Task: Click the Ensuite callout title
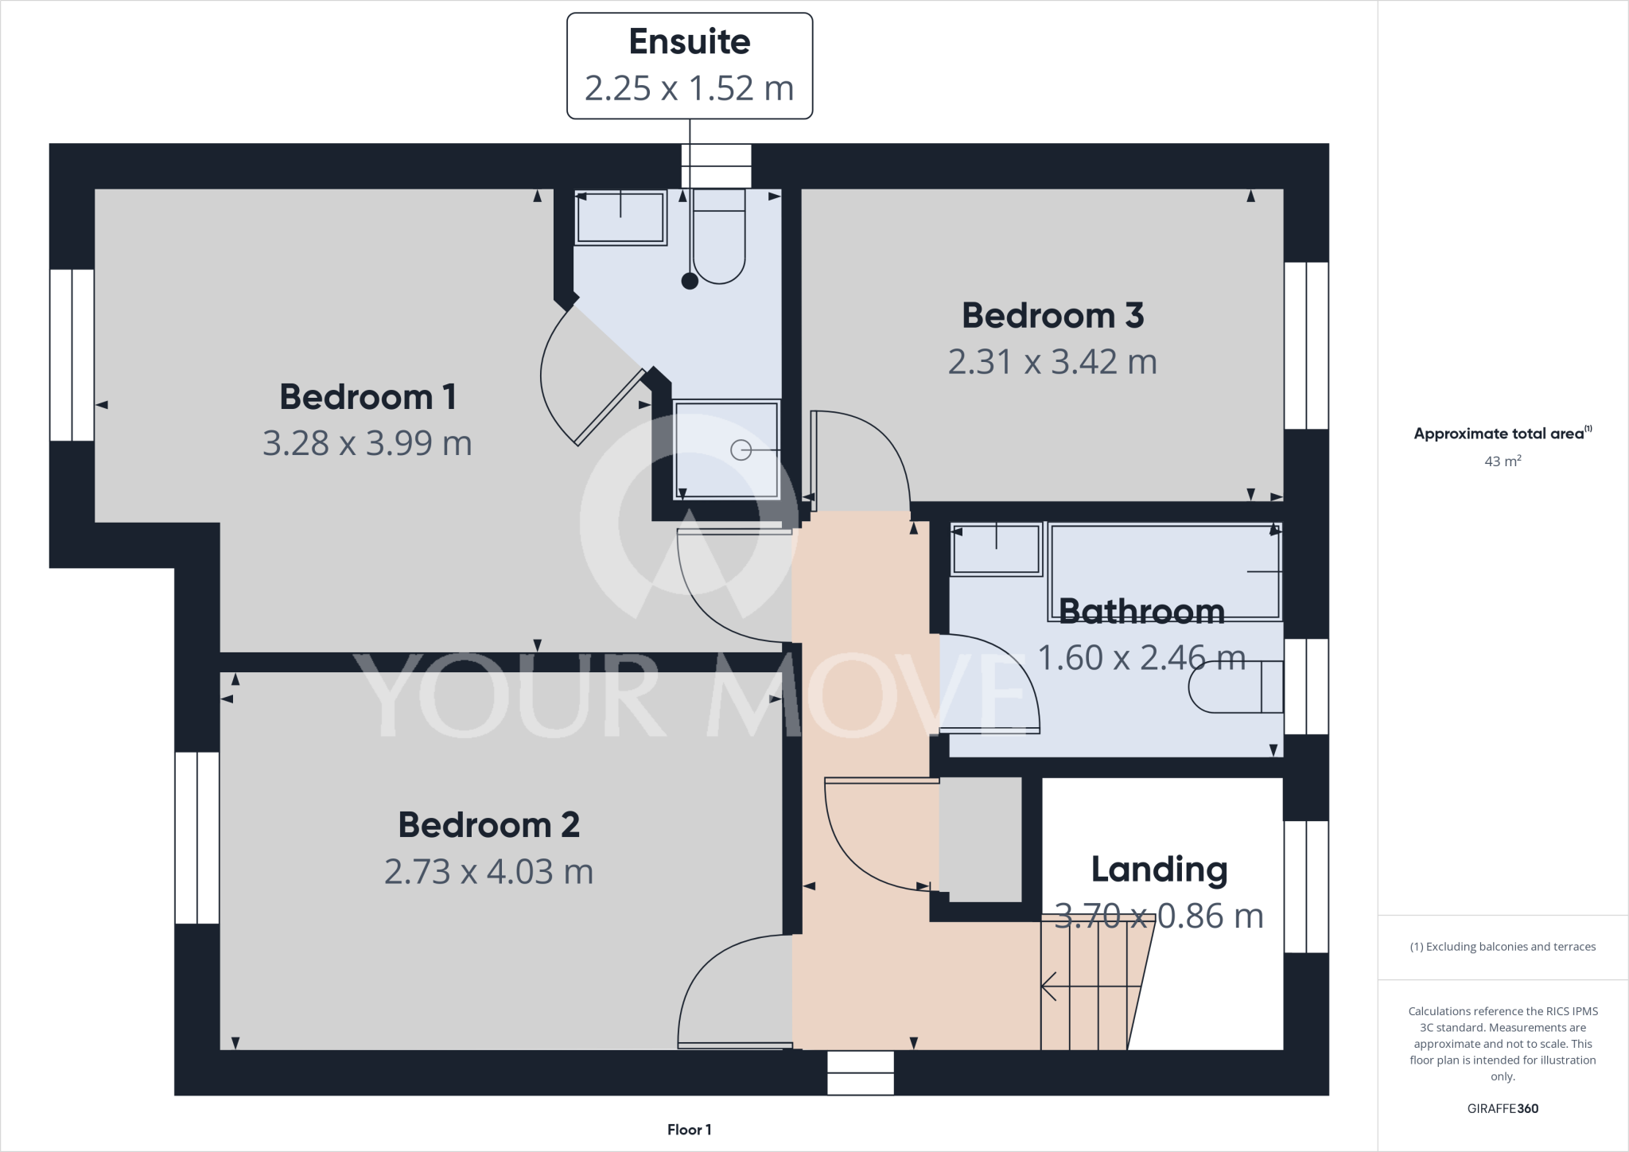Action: point(689,42)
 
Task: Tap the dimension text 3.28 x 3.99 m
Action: point(367,443)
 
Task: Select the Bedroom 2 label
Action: point(488,825)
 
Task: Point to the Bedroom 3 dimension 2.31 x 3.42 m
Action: point(1052,362)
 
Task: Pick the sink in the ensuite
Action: point(620,218)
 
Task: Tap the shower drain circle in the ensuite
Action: point(741,450)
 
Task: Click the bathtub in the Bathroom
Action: point(1164,571)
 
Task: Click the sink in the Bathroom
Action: point(997,549)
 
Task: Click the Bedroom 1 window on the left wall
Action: point(72,355)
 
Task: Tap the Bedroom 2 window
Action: point(196,838)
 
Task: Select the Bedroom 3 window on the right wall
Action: point(1306,345)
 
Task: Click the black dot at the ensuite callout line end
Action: point(690,281)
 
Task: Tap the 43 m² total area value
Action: point(1503,461)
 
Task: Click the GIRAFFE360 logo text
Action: point(1503,1108)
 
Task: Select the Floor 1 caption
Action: point(689,1130)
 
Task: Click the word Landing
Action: point(1159,870)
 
